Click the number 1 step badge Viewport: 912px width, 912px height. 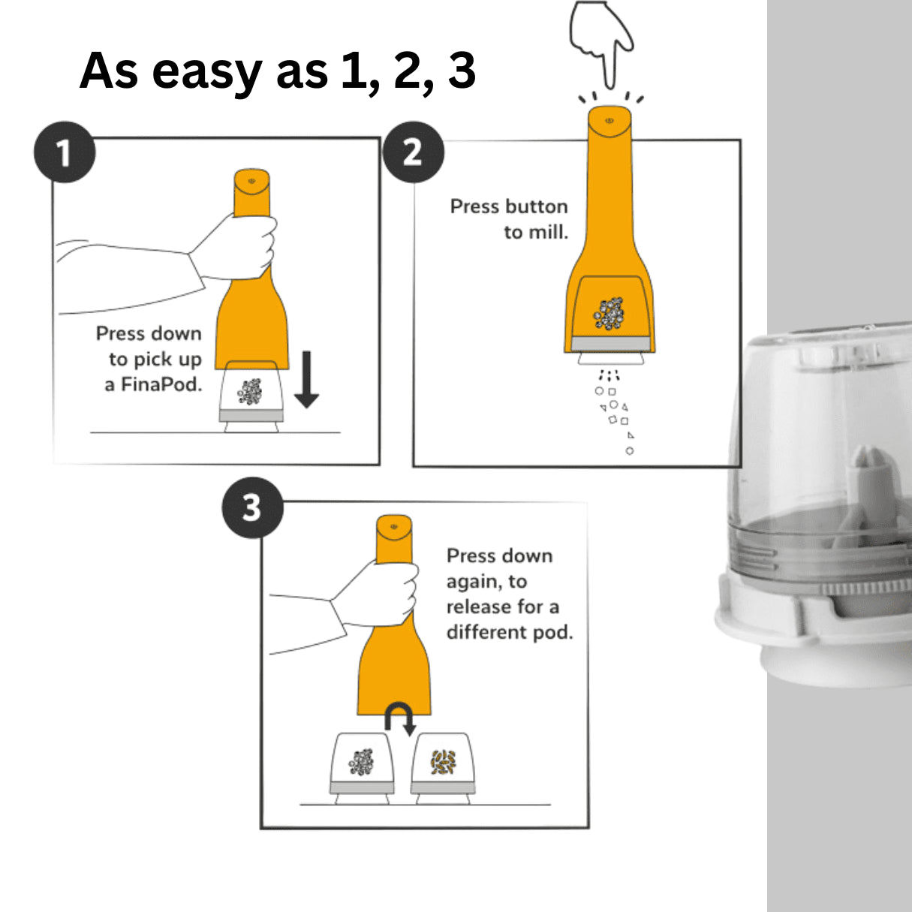pos(65,152)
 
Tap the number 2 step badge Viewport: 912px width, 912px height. pos(413,152)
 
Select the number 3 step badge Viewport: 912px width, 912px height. pos(252,508)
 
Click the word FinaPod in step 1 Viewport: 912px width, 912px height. pos(161,385)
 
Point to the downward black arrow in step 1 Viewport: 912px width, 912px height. pos(306,379)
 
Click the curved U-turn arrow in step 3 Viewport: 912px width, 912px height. pos(399,718)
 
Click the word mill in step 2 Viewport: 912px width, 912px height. pos(546,233)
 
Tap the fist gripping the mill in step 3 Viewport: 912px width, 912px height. pos(383,593)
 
